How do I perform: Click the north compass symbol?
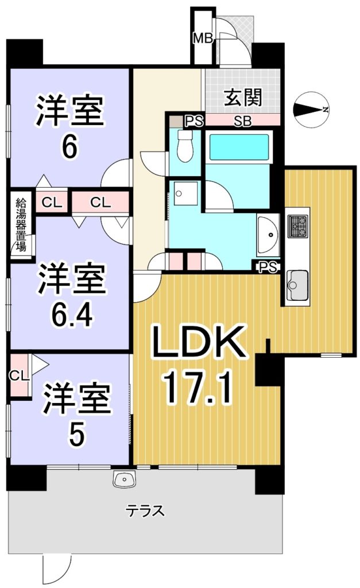311,109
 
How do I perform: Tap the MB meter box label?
203,38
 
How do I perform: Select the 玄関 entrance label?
243,98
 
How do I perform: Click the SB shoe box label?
243,121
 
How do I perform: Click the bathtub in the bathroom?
239,148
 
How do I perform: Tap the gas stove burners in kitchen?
298,226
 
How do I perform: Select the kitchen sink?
297,285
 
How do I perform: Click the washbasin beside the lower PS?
268,234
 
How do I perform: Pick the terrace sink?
125,479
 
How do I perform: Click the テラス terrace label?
145,510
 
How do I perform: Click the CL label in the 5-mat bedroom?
19,376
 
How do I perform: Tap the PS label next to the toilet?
195,121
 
